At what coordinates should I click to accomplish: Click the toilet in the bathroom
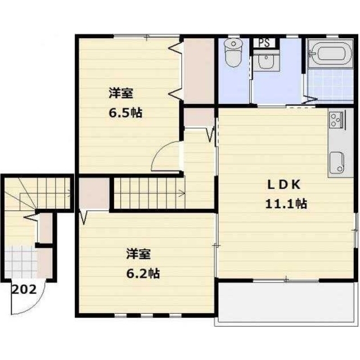click(232, 53)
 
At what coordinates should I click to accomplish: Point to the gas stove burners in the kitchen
click(337, 119)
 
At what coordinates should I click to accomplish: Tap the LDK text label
click(285, 185)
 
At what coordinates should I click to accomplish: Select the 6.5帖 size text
click(125, 112)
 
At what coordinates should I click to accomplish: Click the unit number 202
click(24, 290)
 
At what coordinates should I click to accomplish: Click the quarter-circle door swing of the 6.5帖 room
click(166, 156)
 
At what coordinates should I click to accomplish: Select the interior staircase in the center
click(148, 193)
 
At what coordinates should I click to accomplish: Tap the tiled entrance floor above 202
click(20, 262)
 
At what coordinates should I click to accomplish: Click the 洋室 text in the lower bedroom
click(138, 255)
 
